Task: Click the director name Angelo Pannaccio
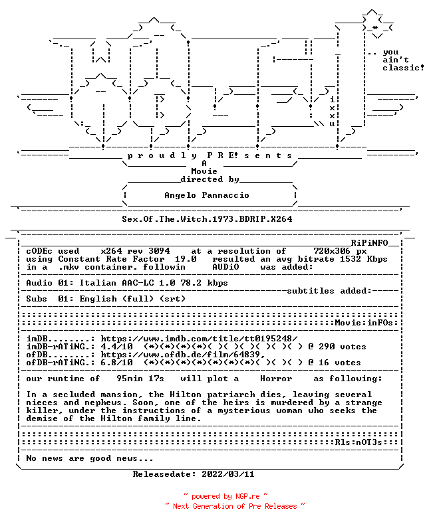(x=207, y=195)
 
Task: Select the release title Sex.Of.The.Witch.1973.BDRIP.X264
(x=207, y=219)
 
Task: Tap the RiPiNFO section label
(x=370, y=243)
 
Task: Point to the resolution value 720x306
(x=332, y=251)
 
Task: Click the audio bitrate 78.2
(x=191, y=283)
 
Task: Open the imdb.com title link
(x=200, y=339)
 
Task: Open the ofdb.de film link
(x=183, y=355)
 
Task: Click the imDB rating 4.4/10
(x=116, y=347)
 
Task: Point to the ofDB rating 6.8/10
(x=116, y=363)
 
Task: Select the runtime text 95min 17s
(x=140, y=379)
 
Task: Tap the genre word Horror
(x=276, y=379)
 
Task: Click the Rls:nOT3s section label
(x=359, y=442)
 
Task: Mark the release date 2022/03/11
(x=228, y=474)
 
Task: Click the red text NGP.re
(x=247, y=496)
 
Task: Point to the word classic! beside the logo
(x=403, y=68)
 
